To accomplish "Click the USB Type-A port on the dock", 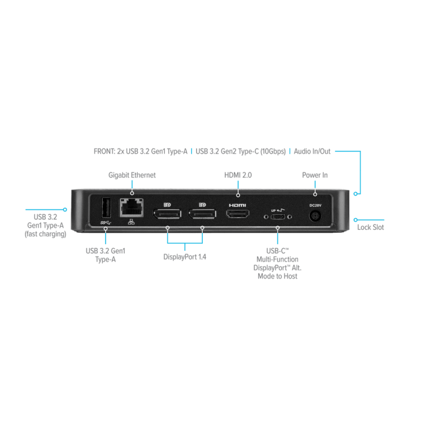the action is coord(106,207).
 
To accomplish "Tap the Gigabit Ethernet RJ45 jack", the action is coord(131,207).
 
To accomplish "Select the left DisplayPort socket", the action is coord(167,214).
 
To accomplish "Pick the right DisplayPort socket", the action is coord(203,214).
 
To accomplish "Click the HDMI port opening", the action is coord(238,214).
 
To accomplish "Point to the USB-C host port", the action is coord(278,217).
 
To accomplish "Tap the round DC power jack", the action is coord(315,216).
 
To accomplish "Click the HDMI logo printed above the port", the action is coord(238,206).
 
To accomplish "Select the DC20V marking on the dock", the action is coord(315,206).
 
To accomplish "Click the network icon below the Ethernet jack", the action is coord(131,222).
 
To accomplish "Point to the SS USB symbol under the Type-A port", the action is coord(106,223).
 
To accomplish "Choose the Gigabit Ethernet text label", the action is coord(132,175).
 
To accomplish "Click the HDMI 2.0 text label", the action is coord(238,175).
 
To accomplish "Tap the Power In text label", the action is coord(315,175).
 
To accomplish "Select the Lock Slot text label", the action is coord(370,227).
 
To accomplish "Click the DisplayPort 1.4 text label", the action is coord(185,257).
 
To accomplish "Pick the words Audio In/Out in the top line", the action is coord(312,152).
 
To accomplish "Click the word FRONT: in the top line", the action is coord(105,152).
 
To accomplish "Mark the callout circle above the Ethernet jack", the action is coord(132,193).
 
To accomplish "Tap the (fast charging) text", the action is coord(45,234).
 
